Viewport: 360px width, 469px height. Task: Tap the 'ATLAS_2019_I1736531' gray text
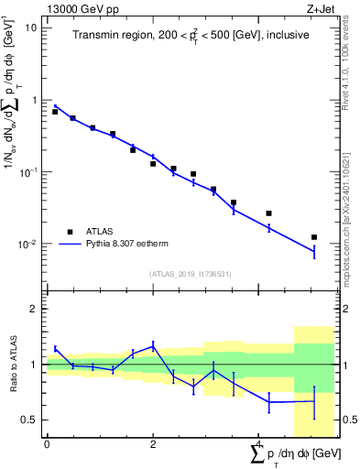[x=190, y=274]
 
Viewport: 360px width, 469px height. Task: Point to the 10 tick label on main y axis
[x=29, y=27]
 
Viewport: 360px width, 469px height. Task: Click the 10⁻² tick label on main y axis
[x=27, y=245]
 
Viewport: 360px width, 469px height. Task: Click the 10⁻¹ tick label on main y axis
[x=27, y=172]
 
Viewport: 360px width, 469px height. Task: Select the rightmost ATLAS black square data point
[x=314, y=237]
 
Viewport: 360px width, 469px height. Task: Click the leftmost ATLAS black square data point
[x=55, y=112]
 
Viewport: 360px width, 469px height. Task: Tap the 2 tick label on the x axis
[x=153, y=444]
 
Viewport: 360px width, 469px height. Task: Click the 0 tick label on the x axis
[x=46, y=444]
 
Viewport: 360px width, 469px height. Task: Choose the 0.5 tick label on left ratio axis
[x=31, y=420]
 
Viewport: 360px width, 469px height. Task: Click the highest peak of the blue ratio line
[x=153, y=345]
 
